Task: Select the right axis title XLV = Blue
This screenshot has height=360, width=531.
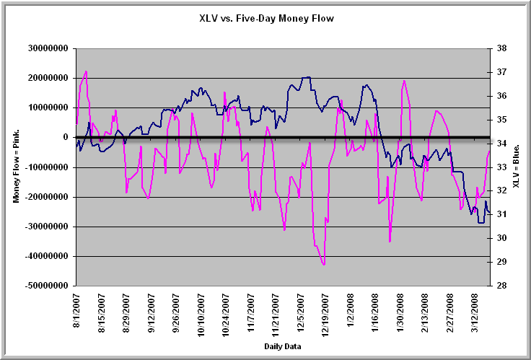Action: pyautogui.click(x=517, y=167)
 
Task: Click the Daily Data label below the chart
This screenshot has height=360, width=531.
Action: pyautogui.click(x=282, y=347)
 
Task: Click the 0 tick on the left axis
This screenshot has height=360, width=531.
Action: pyautogui.click(x=66, y=137)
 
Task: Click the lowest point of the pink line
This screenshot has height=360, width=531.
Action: pyautogui.click(x=324, y=265)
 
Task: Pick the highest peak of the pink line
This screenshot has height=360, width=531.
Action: pyautogui.click(x=86, y=71)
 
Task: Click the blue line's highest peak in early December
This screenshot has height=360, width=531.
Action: pyautogui.click(x=308, y=76)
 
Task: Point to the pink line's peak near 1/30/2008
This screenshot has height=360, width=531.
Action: pyautogui.click(x=404, y=81)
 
